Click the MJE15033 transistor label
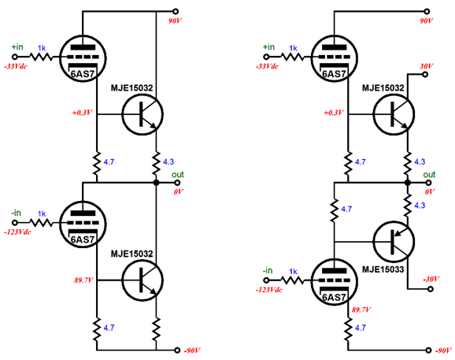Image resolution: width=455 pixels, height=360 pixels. point(383,269)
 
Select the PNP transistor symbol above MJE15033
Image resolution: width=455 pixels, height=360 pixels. point(394,242)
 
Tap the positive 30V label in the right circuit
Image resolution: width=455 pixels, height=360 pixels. point(427,66)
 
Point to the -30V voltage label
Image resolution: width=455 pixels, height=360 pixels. point(431,280)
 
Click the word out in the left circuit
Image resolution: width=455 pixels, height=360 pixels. point(178,174)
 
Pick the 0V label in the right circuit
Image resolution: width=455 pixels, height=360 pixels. point(430,192)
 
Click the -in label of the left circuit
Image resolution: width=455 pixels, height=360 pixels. point(16,213)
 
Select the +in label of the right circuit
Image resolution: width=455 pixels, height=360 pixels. point(268,46)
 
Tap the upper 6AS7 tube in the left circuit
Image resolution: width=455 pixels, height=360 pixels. point(83,58)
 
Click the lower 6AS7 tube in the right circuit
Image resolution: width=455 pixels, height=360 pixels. point(334,282)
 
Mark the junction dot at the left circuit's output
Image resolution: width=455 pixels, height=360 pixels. point(156,183)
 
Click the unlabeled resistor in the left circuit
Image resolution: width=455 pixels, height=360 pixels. point(156,329)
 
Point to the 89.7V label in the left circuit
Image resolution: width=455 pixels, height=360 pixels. point(83,280)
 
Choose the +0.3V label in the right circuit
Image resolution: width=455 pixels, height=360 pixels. point(334,113)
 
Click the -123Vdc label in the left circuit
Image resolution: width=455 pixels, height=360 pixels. point(17,232)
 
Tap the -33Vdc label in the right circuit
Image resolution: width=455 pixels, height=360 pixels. point(267,67)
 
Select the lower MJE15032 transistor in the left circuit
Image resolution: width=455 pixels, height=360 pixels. point(142,280)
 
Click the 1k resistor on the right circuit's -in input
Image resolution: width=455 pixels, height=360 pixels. point(292,280)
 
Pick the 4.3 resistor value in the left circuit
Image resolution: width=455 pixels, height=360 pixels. point(168,161)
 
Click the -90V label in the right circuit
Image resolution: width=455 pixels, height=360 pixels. point(443,351)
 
